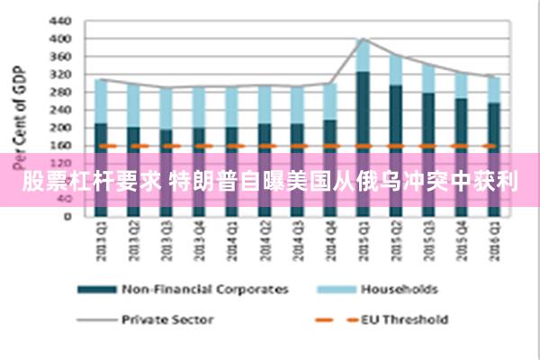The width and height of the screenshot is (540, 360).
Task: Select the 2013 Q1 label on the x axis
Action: (102, 240)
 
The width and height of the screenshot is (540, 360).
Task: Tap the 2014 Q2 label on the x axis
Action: (264, 240)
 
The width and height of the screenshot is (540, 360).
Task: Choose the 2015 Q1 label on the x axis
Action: (362, 240)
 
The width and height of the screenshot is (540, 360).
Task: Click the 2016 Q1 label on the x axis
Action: (492, 240)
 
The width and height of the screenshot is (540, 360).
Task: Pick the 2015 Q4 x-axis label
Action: (460, 240)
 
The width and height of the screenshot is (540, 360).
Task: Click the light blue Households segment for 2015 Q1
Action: (362, 55)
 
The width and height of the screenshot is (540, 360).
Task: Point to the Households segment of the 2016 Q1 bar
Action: (492, 89)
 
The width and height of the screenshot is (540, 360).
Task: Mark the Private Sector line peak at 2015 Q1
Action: (362, 39)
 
